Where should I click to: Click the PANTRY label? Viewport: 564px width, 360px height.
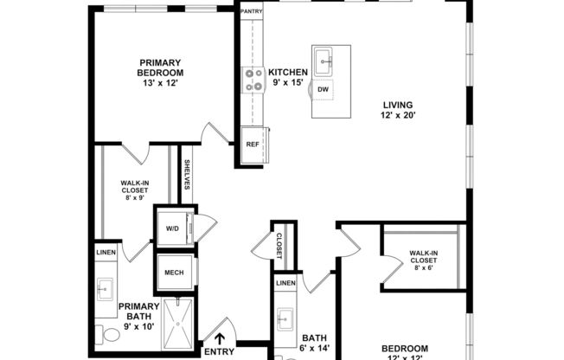(x=252, y=11)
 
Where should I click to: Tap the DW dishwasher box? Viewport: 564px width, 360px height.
(x=323, y=90)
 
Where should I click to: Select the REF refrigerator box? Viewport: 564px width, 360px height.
(x=253, y=145)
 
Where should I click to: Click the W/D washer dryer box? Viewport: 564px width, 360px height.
(x=171, y=228)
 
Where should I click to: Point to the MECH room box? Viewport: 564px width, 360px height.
(x=171, y=273)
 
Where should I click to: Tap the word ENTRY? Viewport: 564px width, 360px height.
(x=218, y=351)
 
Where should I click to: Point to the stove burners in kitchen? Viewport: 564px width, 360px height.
(x=254, y=80)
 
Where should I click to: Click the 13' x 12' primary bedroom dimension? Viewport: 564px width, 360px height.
(x=162, y=84)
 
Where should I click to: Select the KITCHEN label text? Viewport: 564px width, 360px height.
(x=288, y=72)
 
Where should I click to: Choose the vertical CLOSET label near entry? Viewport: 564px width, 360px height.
(x=279, y=245)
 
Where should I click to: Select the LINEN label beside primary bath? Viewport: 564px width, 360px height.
(x=106, y=252)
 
